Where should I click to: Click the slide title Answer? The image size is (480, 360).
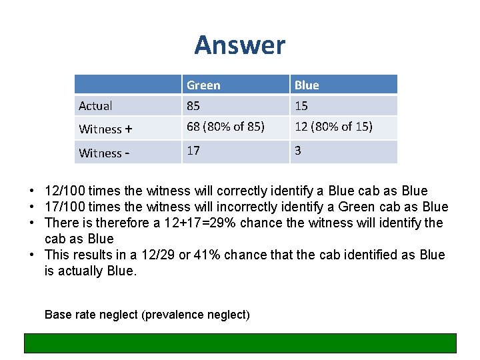tap(239, 45)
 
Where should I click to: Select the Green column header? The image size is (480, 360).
tap(203, 85)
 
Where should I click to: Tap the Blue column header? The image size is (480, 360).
tap(307, 85)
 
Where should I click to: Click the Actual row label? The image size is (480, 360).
tap(95, 105)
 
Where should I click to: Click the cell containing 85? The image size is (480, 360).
tap(194, 105)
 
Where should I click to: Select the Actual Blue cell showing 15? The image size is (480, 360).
tap(301, 105)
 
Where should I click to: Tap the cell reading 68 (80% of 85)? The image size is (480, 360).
tap(225, 127)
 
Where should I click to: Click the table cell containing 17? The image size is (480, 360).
tap(193, 151)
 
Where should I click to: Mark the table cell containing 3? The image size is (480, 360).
tap(298, 151)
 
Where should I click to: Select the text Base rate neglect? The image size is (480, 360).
tap(91, 314)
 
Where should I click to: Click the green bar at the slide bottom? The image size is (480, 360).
tap(240, 343)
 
